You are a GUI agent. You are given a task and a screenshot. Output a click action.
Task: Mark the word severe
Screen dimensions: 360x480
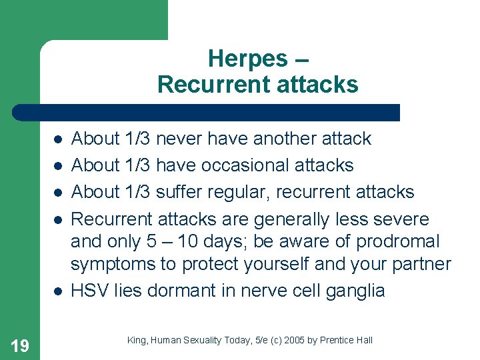[407, 219]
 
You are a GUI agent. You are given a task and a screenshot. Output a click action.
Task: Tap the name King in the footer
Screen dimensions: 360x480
[136, 341]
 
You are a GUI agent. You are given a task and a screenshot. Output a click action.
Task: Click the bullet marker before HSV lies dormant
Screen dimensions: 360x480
[58, 291]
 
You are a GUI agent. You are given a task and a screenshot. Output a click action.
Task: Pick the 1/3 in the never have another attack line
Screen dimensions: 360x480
[137, 139]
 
